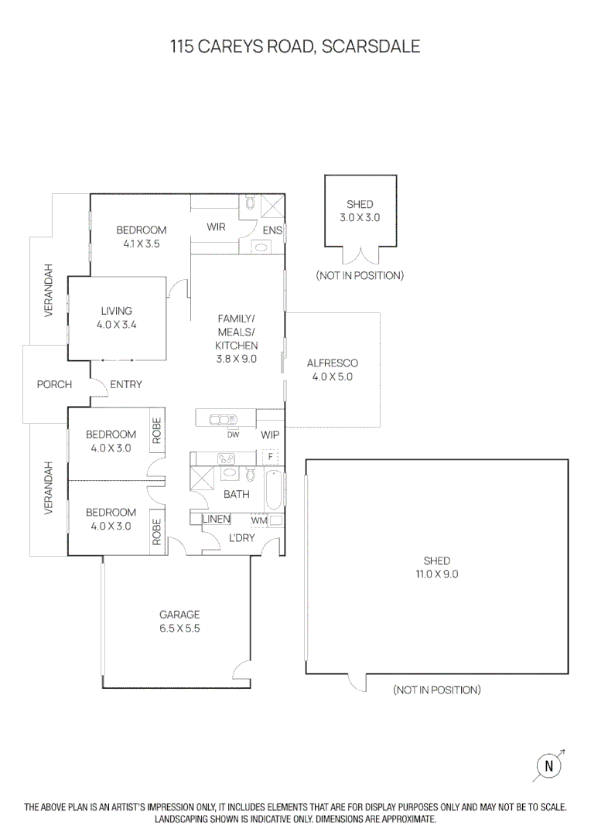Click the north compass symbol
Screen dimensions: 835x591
[549, 765]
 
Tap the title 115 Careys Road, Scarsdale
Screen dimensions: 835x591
[295, 46]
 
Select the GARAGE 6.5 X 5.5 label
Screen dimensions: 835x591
[179, 622]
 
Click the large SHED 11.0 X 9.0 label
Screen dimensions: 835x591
[436, 567]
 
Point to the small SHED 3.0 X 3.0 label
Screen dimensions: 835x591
[360, 211]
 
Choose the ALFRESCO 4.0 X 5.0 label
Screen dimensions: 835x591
[332, 370]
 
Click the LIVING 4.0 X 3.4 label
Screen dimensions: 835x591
[117, 318]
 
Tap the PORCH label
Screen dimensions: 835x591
[54, 384]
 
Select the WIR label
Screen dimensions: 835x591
[216, 227]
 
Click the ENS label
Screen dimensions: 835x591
[272, 230]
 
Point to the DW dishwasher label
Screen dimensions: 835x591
[233, 435]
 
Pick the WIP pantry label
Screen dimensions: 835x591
[270, 435]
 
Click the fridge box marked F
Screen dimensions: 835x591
[270, 456]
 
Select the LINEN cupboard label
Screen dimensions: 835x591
[216, 520]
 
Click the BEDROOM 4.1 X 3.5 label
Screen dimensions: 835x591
[142, 237]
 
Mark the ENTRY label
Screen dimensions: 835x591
[126, 384]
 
